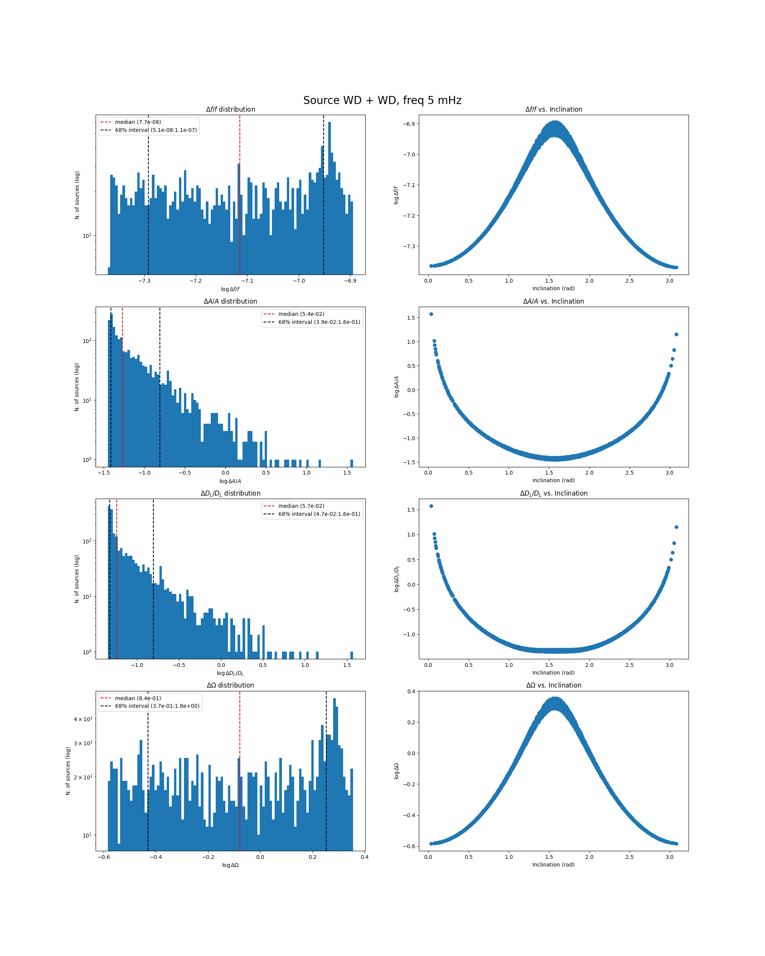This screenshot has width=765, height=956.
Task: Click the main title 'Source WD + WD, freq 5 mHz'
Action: [x=382, y=100]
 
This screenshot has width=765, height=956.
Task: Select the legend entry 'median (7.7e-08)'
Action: [x=137, y=122]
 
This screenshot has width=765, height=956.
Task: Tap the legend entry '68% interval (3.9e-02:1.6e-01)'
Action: [x=319, y=322]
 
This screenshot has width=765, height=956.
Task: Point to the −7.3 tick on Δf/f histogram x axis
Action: [x=144, y=281]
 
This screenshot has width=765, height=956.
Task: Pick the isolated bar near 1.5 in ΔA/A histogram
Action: [x=352, y=463]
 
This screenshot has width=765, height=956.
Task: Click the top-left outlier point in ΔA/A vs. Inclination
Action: [x=431, y=314]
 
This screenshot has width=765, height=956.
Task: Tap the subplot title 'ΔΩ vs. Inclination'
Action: [x=553, y=685]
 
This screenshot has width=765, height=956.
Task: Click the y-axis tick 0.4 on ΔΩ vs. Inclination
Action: [x=411, y=691]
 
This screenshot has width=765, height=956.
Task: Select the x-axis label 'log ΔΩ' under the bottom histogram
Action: [x=230, y=865]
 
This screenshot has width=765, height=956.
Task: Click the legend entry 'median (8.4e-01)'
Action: [x=137, y=698]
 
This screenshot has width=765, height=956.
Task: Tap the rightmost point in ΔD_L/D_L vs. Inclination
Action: [x=676, y=527]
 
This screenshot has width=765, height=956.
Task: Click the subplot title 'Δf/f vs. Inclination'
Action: [x=553, y=109]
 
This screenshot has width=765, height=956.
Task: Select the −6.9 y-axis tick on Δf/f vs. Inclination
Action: [x=409, y=124]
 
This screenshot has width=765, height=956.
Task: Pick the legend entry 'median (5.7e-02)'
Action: [x=301, y=506]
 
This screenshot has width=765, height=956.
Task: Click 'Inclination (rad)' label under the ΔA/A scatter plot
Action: [x=553, y=480]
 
